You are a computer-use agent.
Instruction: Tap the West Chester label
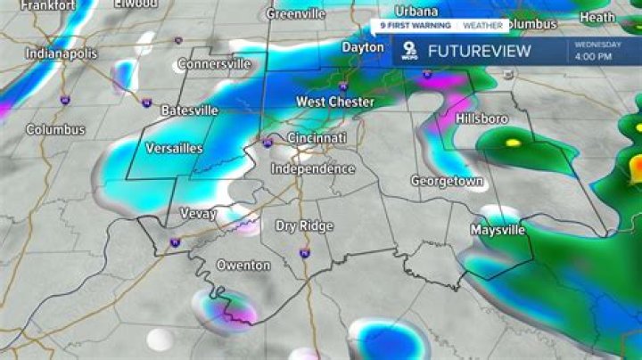point(334,102)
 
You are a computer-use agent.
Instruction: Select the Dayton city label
point(363,46)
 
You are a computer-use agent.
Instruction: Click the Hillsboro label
point(481,119)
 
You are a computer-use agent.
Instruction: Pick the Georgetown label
point(447,181)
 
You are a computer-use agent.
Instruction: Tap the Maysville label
point(498,230)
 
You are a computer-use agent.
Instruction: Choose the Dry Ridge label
point(304,226)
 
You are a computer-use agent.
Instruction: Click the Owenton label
point(243,265)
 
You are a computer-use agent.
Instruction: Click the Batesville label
point(190,110)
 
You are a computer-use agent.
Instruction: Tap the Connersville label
point(215,64)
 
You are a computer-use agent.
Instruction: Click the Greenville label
point(297,13)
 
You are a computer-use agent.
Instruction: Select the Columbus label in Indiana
point(55,129)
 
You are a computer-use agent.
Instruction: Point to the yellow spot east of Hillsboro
point(513,142)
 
